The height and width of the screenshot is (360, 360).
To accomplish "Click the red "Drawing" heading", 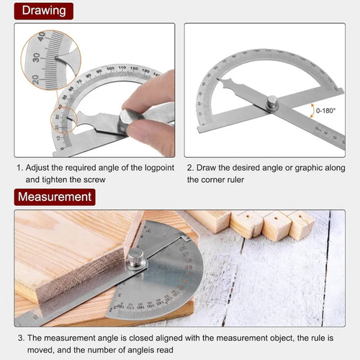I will click(x=44, y=10).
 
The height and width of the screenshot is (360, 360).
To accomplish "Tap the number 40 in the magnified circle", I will click(x=41, y=35).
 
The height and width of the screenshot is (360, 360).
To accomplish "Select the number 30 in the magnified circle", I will click(x=32, y=57).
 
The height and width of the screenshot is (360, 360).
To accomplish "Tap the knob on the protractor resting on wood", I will click(x=137, y=258).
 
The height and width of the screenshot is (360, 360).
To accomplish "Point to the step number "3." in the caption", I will click(x=19, y=337).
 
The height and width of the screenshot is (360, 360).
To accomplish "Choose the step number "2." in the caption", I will click(x=191, y=166).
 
